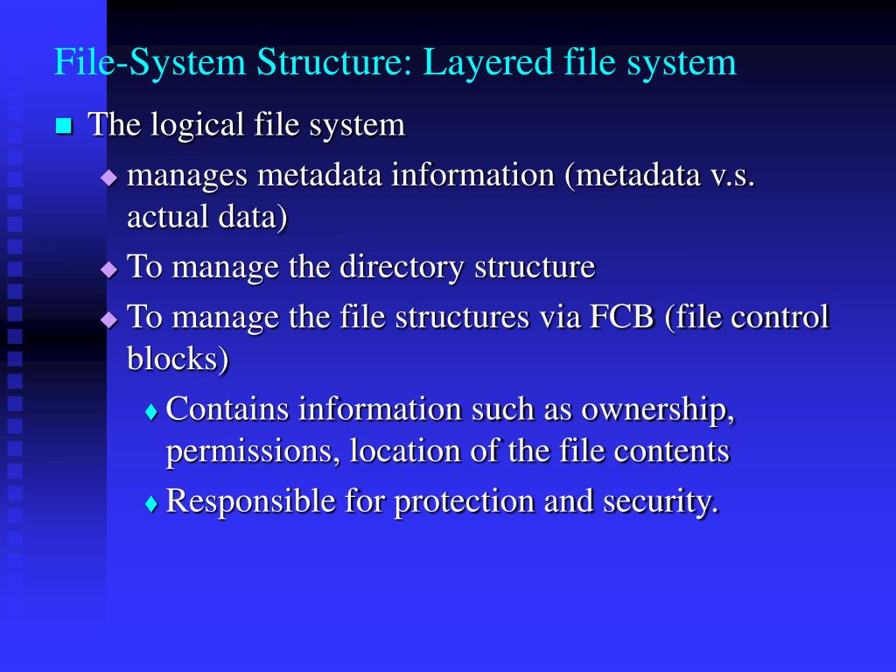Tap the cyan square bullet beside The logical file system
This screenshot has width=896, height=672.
63,126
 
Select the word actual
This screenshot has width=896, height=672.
164,218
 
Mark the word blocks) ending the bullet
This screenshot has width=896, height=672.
178,359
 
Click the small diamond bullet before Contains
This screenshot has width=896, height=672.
152,411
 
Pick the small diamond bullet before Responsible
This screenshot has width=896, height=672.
152,504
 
